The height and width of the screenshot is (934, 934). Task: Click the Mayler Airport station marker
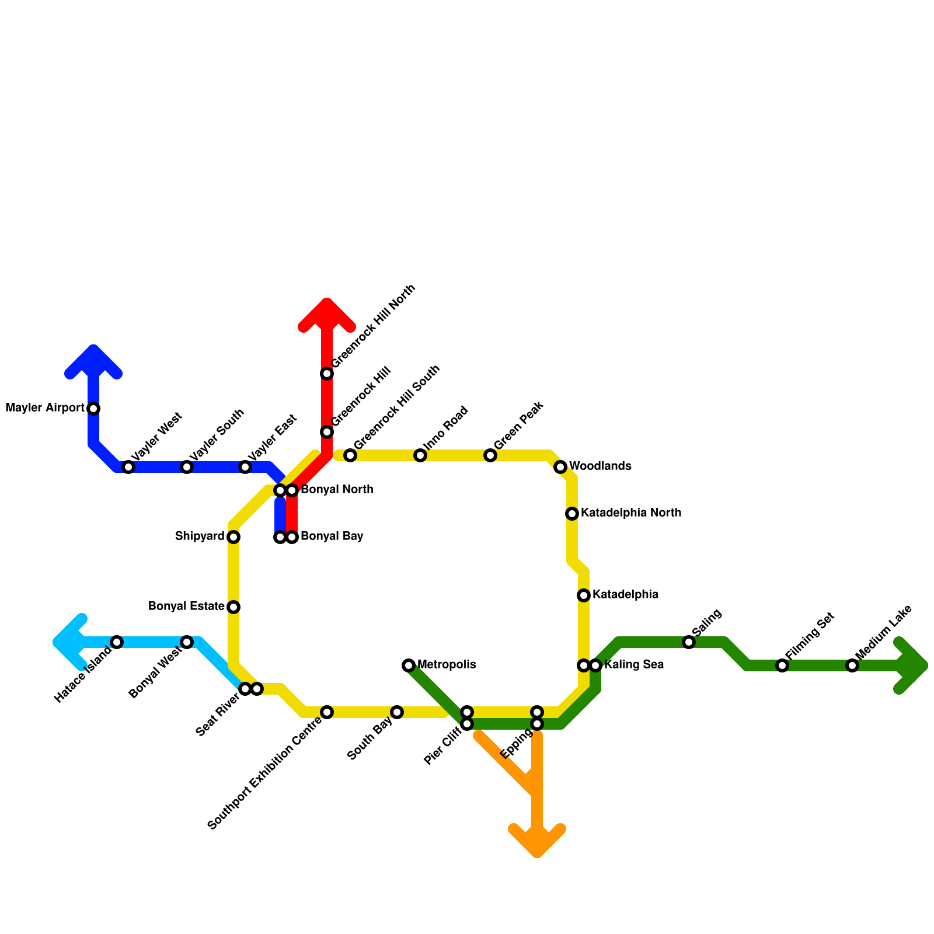(x=93, y=409)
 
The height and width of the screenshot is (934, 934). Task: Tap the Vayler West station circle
(x=128, y=467)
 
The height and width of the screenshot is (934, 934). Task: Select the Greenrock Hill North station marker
(x=327, y=374)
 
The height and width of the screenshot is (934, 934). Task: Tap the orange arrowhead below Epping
(x=537, y=844)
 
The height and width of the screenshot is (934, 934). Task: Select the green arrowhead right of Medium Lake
(x=915, y=665)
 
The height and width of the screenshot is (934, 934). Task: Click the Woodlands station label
(x=600, y=466)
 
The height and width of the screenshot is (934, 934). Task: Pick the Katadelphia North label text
(x=630, y=513)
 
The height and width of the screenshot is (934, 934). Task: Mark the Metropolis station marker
(x=409, y=665)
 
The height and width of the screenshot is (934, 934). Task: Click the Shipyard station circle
(x=233, y=537)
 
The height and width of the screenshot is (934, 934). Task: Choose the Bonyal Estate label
(x=186, y=607)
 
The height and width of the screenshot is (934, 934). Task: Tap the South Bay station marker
(x=397, y=712)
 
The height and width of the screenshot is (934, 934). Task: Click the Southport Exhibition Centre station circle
(x=327, y=712)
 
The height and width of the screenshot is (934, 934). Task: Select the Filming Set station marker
(x=782, y=665)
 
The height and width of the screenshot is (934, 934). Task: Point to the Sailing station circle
(x=689, y=642)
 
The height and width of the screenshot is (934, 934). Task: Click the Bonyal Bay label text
(x=332, y=536)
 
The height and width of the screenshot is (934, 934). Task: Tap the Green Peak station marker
(x=490, y=455)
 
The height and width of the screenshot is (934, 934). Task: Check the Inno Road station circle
(x=420, y=455)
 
